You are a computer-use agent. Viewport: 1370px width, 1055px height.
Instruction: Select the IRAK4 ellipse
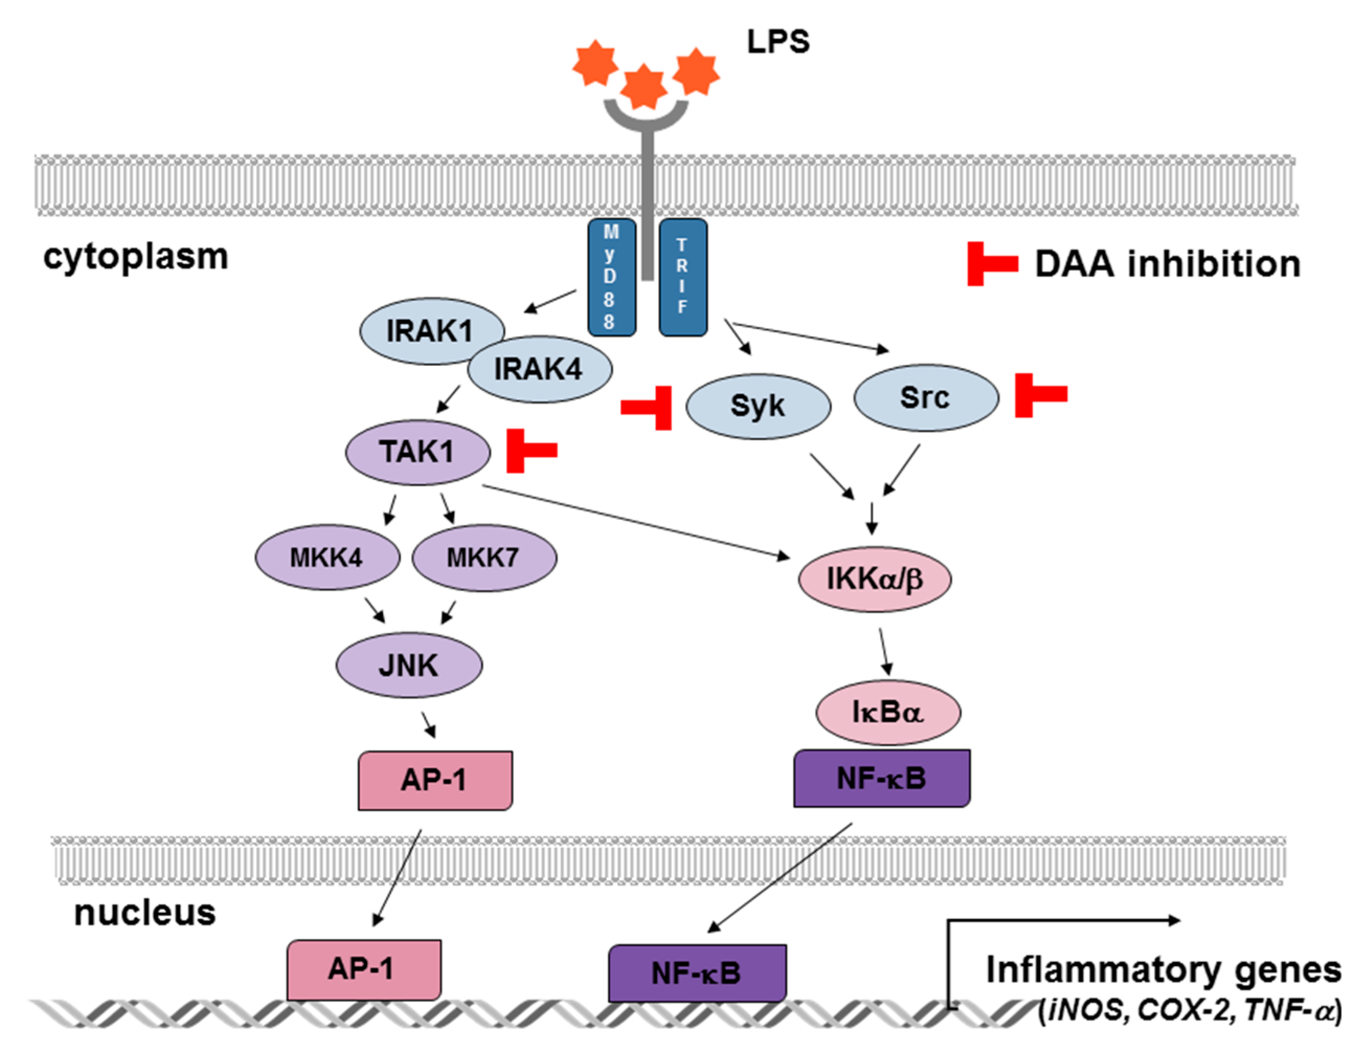click(540, 368)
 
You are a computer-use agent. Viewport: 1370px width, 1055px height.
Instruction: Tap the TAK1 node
click(417, 452)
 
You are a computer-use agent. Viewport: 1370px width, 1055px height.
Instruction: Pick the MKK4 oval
click(327, 557)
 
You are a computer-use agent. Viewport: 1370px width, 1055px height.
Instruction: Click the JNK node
click(409, 665)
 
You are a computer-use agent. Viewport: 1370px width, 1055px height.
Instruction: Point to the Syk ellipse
click(758, 406)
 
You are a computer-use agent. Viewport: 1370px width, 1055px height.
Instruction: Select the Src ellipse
click(926, 397)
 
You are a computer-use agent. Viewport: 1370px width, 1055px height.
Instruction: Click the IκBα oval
click(888, 712)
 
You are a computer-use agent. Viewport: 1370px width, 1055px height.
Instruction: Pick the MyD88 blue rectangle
click(611, 277)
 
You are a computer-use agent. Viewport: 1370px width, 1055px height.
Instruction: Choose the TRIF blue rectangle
click(683, 277)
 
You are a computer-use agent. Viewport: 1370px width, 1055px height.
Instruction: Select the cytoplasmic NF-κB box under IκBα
click(881, 778)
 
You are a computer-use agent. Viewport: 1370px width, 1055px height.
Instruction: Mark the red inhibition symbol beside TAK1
click(529, 450)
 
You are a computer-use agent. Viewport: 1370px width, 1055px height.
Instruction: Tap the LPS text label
click(778, 42)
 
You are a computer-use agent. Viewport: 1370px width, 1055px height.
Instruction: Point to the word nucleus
click(145, 913)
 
